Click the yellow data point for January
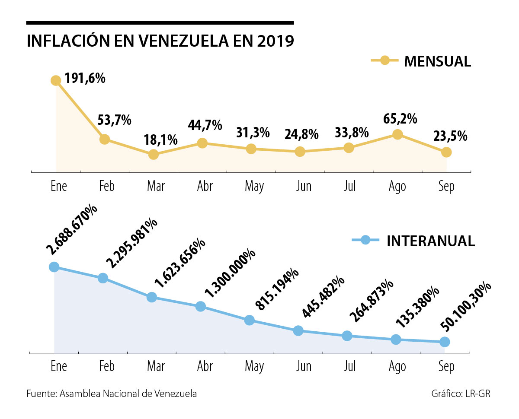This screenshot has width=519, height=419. pyautogui.click(x=56, y=80)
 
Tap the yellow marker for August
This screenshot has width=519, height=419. pyautogui.click(x=397, y=134)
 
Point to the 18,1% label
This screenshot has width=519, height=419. pyautogui.click(x=160, y=140)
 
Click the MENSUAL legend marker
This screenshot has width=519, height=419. pyautogui.click(x=384, y=61)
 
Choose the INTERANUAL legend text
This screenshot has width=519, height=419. pyautogui.click(x=431, y=241)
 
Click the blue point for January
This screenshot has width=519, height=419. pyautogui.click(x=54, y=267)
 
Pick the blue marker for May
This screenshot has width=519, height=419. pyautogui.click(x=249, y=320)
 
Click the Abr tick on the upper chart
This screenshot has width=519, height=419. pyautogui.click(x=205, y=186)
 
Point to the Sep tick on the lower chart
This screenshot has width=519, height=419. pyautogui.click(x=446, y=367)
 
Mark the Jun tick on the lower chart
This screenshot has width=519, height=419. pyautogui.click(x=304, y=367)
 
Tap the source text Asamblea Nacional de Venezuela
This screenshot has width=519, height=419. pyautogui.click(x=128, y=394)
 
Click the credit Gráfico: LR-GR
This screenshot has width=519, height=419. pyautogui.click(x=461, y=394)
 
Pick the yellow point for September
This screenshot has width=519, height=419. pyautogui.click(x=446, y=152)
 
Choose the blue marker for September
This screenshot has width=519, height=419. pyautogui.click(x=445, y=342)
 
